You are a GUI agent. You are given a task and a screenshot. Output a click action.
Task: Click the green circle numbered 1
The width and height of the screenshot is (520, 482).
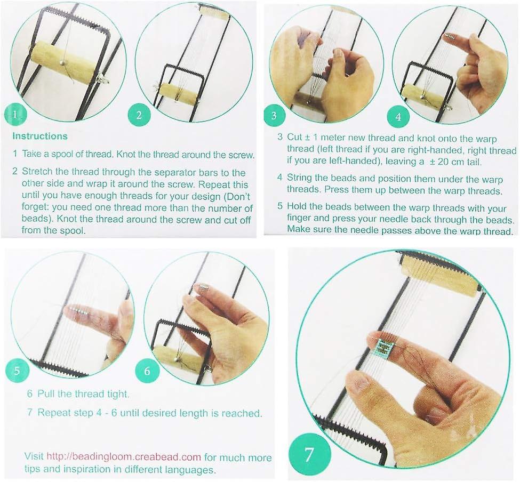(15, 115)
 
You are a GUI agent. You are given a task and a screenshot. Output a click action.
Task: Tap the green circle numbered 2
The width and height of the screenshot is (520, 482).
(139, 115)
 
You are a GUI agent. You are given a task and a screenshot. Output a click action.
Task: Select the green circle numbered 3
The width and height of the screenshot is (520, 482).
(274, 115)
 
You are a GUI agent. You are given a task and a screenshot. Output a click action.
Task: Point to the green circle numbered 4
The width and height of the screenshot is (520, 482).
(398, 116)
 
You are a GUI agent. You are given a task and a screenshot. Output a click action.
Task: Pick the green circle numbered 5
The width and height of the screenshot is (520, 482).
(17, 370)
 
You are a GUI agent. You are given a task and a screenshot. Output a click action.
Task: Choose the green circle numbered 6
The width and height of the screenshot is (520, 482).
(147, 371)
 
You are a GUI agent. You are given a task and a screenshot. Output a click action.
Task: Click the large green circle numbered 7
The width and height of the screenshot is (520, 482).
(309, 454)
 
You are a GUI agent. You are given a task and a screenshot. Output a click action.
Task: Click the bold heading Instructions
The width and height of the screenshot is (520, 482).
(40, 136)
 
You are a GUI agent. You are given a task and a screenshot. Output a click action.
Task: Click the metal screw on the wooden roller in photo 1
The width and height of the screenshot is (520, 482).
(62, 61)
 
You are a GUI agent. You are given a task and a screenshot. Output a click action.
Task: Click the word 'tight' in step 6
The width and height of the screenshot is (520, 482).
(117, 394)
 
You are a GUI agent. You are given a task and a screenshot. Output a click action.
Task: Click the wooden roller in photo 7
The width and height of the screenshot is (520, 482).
(440, 274)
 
